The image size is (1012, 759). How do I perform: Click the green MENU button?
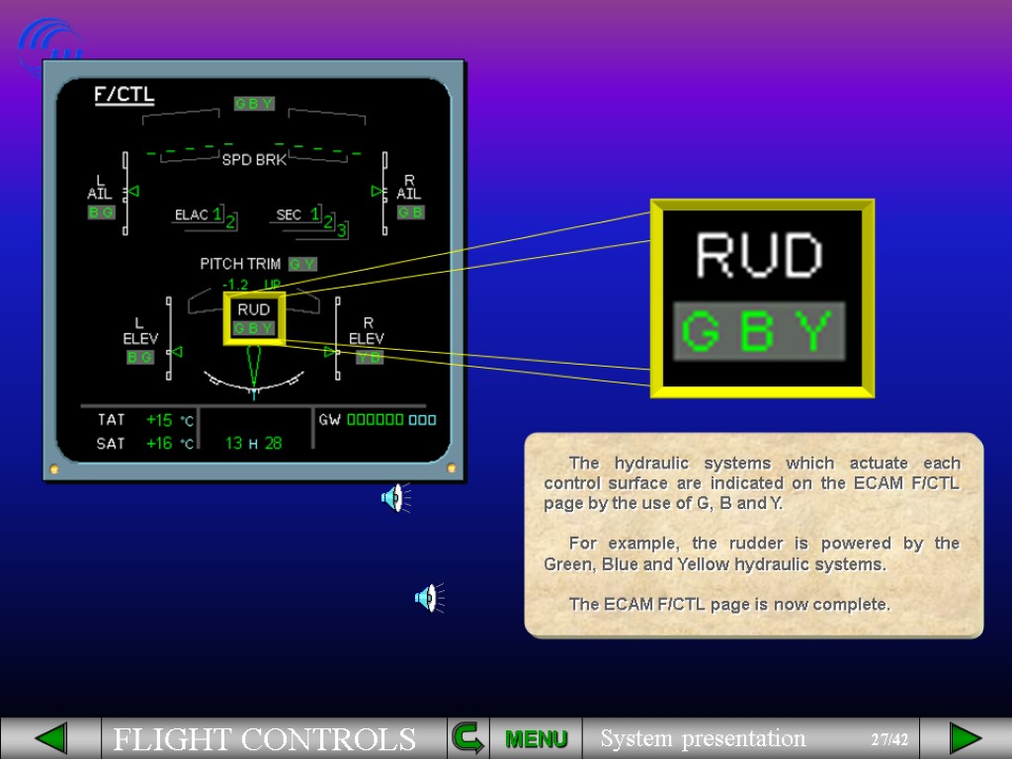click(536, 738)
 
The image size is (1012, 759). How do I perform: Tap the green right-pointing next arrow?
click(965, 738)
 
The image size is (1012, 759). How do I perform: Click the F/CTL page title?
click(124, 95)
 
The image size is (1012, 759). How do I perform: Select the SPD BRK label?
click(253, 159)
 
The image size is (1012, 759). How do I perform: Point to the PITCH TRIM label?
click(240, 264)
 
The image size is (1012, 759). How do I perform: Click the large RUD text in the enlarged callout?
click(759, 256)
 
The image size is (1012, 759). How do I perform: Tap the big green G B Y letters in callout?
click(759, 332)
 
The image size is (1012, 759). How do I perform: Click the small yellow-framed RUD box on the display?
click(254, 318)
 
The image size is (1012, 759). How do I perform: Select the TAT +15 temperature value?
click(159, 420)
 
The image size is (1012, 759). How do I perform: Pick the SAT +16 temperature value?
click(159, 444)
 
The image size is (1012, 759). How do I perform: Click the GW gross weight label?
click(329, 419)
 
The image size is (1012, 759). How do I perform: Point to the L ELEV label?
click(139, 331)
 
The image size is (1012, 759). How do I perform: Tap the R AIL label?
click(409, 188)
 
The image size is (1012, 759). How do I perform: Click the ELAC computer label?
click(191, 214)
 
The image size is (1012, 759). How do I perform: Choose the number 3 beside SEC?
click(341, 230)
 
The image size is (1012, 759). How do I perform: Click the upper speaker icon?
click(394, 498)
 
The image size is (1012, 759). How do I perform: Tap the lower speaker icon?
click(427, 597)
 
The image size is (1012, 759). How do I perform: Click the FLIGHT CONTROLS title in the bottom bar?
click(264, 739)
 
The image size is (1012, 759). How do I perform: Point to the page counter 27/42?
click(889, 739)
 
